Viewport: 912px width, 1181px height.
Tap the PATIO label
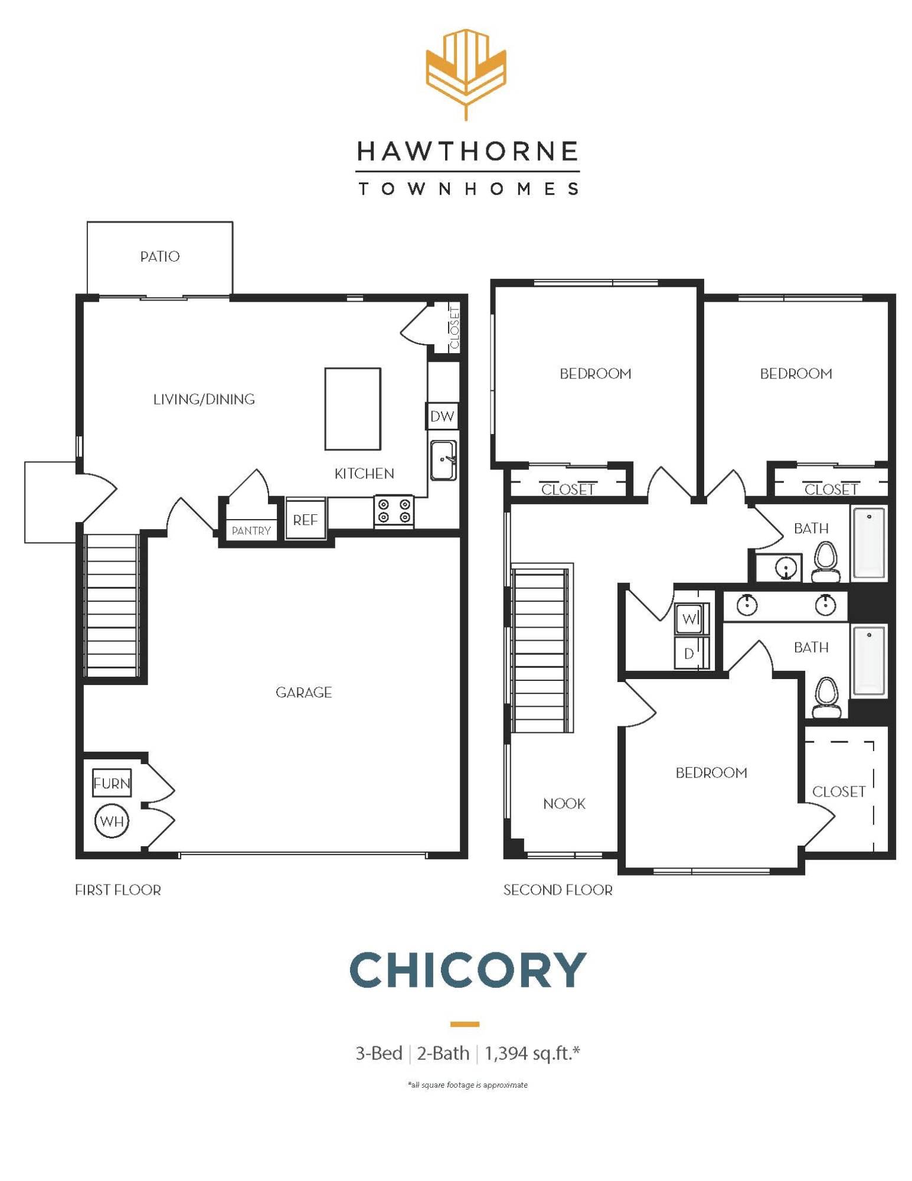[x=159, y=256]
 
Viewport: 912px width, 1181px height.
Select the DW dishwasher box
[x=442, y=416]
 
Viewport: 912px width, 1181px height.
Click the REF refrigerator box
[x=305, y=520]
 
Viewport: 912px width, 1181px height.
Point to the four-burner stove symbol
[x=394, y=511]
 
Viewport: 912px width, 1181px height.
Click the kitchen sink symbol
[x=443, y=460]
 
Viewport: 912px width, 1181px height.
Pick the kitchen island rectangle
[x=352, y=409]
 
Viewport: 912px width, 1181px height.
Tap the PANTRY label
[x=251, y=530]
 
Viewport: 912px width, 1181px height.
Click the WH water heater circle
[x=112, y=820]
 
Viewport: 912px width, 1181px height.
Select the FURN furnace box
[x=112, y=783]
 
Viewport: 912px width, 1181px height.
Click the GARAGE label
[x=303, y=692]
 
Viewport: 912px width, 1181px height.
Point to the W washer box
[x=689, y=618]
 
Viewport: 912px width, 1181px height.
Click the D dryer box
[x=689, y=653]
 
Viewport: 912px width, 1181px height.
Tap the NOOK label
[x=564, y=803]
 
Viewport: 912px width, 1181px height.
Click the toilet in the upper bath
[x=825, y=562]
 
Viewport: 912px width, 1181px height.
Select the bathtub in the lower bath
[x=868, y=660]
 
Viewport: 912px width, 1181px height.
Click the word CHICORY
[x=468, y=970]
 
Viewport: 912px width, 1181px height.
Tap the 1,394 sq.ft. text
[x=532, y=1052]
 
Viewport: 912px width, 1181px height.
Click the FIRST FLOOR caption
[x=117, y=889]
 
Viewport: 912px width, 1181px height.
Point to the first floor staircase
[x=112, y=605]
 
